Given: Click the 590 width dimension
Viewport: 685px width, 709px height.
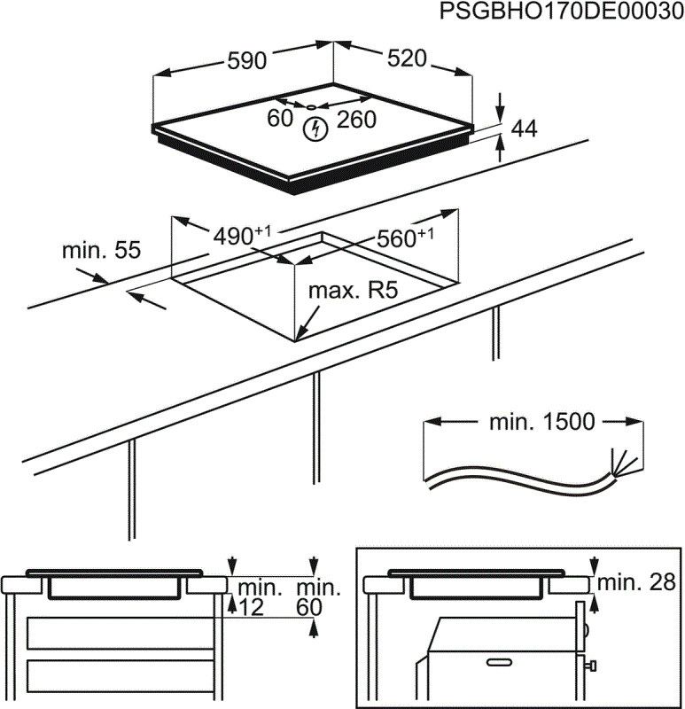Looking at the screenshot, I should (247, 61).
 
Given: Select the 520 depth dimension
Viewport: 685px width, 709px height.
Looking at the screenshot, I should (407, 59).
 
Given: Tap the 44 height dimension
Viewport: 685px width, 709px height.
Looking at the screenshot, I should (525, 129).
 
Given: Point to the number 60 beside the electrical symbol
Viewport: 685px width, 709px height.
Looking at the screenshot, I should (280, 119).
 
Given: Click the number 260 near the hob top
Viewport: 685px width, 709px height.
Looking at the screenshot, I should (356, 120).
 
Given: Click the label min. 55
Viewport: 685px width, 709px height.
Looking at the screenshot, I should (101, 251).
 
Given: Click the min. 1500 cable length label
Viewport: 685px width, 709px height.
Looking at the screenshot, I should (541, 422).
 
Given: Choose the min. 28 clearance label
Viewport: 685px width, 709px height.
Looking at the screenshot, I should (636, 582).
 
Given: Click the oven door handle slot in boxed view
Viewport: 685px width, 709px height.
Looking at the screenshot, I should (498, 662).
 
